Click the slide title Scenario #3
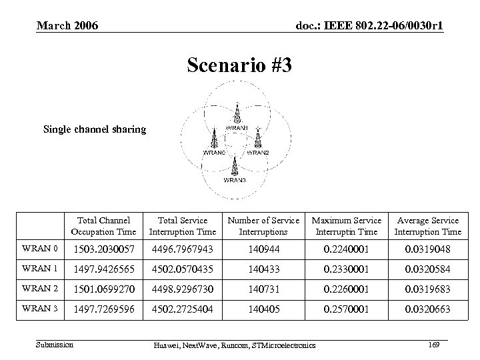(239, 65)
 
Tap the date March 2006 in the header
(67, 26)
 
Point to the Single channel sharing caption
(94, 129)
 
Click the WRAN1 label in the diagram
(238, 128)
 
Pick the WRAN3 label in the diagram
(234, 180)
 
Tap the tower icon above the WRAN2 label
(257, 139)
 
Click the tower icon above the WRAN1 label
(237, 112)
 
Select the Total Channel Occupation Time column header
(105, 226)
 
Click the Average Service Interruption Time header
(427, 226)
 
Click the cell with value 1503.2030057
(105, 249)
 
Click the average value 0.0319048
(427, 249)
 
